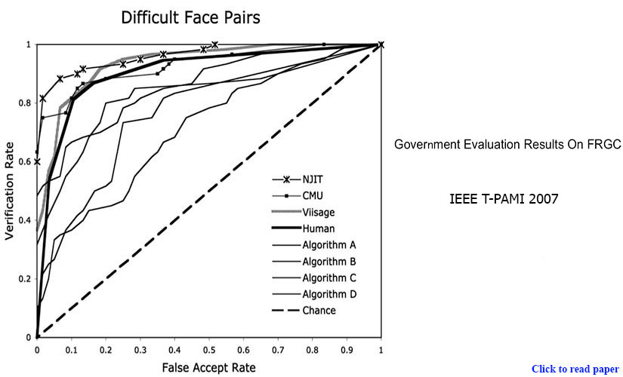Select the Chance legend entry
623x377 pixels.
tap(318, 310)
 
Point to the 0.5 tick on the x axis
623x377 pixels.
tap(208, 351)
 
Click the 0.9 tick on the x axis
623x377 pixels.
tap(347, 351)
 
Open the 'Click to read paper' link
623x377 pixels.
tap(575, 369)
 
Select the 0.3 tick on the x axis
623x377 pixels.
tap(140, 351)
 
